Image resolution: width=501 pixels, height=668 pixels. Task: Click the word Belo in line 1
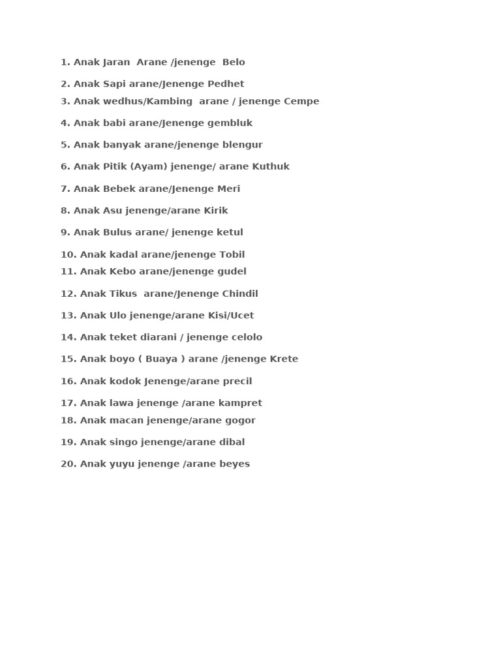234,63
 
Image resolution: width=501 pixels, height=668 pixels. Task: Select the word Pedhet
226,84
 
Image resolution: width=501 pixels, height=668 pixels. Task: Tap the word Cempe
301,101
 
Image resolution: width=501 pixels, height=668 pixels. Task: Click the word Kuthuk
271,167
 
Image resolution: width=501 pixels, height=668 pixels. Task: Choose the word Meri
229,189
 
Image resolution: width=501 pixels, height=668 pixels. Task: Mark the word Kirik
217,211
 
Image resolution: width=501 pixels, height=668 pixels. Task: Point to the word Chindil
240,294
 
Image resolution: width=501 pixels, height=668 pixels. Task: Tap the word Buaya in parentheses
161,359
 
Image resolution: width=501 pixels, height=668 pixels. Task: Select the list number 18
68,421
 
